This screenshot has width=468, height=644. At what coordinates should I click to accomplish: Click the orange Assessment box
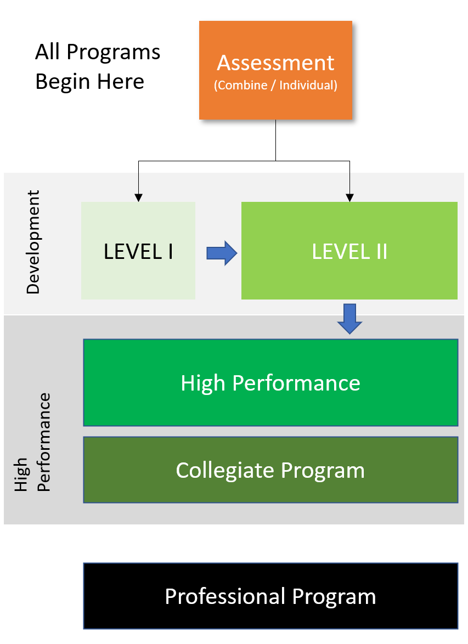tap(276, 70)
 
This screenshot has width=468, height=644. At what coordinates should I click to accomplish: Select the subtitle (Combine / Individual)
tap(276, 85)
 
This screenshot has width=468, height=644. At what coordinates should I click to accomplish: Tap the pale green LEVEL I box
tap(138, 251)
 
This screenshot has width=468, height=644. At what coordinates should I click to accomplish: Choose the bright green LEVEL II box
tap(349, 251)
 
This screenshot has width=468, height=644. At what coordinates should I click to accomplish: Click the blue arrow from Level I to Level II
tap(222, 253)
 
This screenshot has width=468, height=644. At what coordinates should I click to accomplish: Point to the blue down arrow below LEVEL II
tap(349, 319)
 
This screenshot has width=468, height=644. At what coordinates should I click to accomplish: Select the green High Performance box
tap(271, 382)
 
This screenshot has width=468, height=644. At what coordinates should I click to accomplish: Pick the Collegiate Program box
tap(271, 470)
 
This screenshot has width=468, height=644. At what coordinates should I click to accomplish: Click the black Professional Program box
tap(271, 596)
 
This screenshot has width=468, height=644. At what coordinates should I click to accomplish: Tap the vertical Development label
tap(33, 242)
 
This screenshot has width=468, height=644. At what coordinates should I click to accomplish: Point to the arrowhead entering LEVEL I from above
tap(138, 197)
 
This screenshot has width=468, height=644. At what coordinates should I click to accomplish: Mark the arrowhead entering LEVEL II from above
tap(349, 197)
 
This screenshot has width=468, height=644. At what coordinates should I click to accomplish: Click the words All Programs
tap(98, 52)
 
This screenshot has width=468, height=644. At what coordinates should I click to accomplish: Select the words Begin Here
tap(89, 81)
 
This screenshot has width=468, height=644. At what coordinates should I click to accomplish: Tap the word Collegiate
tap(225, 471)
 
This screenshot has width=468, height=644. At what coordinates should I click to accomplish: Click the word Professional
tap(225, 596)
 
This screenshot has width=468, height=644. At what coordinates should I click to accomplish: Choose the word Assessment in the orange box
tap(276, 63)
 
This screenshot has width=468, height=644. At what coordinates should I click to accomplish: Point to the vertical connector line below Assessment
tap(276, 140)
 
